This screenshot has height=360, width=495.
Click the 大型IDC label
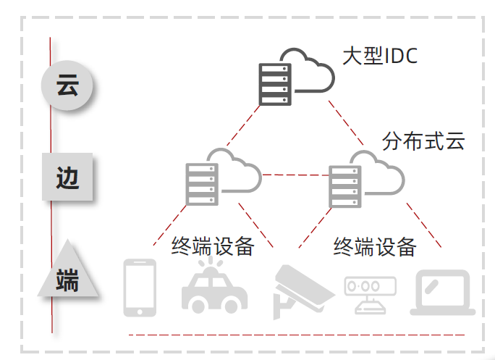381,56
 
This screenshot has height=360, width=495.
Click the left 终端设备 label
213,246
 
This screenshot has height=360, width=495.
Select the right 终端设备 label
374,246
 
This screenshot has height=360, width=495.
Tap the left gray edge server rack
201,184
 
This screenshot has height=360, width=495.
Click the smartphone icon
140,288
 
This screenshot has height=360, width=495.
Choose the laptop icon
442,293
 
